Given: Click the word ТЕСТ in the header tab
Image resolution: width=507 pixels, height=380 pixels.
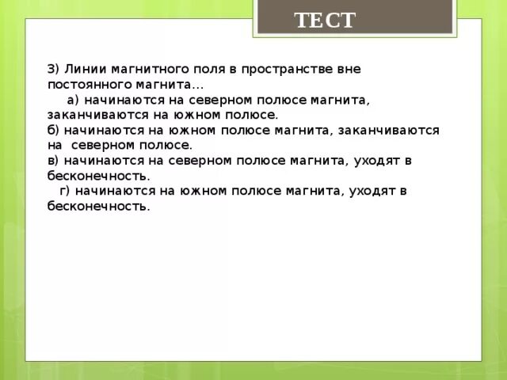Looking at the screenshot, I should (x=325, y=20).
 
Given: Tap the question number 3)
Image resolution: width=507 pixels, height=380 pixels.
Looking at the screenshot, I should (x=54, y=69).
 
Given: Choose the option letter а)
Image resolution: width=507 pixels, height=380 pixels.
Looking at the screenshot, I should (x=74, y=100).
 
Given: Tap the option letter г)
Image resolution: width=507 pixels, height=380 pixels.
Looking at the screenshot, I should (x=67, y=191).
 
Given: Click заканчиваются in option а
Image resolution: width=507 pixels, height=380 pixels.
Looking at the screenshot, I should (x=93, y=115).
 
